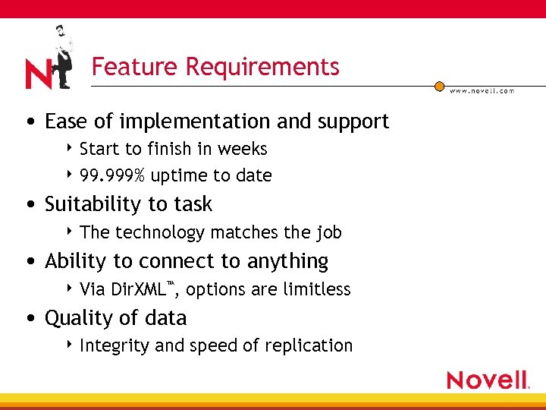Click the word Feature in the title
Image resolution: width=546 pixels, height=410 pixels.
[x=134, y=67]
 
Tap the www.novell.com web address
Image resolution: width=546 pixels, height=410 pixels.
[x=482, y=90]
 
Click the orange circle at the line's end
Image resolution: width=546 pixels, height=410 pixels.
[x=439, y=87]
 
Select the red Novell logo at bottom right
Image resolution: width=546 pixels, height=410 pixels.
[x=487, y=380]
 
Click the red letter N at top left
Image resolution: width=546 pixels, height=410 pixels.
[x=38, y=74]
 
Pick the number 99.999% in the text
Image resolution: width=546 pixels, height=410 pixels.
[x=112, y=175]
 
